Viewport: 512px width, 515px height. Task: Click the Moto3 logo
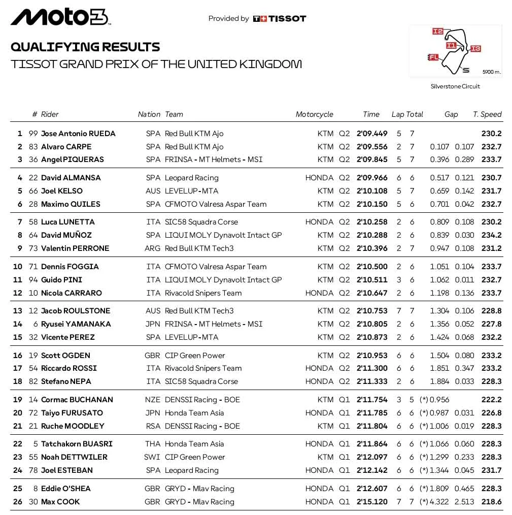60,18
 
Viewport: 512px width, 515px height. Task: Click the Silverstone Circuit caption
455,86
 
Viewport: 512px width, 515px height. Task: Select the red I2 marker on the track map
437,31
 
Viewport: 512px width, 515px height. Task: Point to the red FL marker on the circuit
433,57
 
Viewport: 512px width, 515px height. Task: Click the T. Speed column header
487,114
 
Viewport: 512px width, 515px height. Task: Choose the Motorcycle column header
314,114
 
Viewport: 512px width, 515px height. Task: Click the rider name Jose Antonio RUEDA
78,134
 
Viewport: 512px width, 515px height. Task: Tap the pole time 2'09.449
371,134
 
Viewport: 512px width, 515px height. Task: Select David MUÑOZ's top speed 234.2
491,235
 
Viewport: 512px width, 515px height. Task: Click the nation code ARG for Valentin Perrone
152,248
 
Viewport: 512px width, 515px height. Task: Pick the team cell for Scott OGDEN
195,356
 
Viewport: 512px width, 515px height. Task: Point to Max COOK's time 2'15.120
371,502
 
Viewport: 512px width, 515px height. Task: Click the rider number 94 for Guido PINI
33,280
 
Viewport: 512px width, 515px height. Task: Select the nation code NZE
152,400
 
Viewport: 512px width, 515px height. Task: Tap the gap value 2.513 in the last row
464,502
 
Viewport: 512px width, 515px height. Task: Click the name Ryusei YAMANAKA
76,324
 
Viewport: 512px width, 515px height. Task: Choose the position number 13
18,311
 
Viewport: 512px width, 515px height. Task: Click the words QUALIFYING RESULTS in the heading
85,47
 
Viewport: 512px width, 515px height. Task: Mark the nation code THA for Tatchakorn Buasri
152,444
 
